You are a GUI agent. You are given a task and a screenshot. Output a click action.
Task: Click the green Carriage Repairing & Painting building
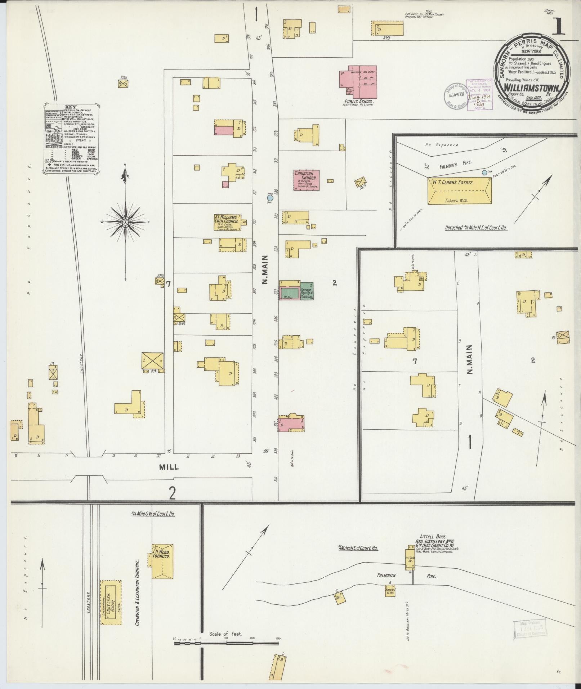307,291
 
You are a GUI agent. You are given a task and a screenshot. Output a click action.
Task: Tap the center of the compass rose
125,222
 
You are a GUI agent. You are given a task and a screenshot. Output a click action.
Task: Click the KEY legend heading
70,107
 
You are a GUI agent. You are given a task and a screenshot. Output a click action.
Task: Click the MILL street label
169,467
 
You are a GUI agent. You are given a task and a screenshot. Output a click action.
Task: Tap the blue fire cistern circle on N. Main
271,197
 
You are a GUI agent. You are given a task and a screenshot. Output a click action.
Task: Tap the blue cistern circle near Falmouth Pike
484,173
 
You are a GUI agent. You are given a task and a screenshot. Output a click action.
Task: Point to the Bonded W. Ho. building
390,591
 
